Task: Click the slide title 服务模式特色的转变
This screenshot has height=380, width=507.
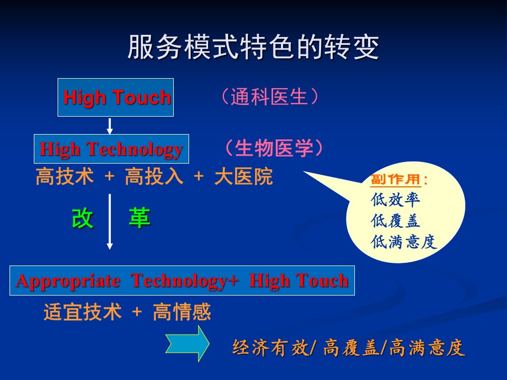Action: click(x=253, y=47)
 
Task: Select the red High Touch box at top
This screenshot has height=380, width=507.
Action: click(x=116, y=97)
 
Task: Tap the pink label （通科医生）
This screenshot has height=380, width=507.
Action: click(x=270, y=97)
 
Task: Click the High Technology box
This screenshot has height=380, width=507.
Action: click(x=111, y=149)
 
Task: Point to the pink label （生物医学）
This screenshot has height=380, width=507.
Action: click(x=274, y=148)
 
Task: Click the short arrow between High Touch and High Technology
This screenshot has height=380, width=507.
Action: click(x=110, y=126)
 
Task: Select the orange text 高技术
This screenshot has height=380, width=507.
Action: click(x=64, y=176)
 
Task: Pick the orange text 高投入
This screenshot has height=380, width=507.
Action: click(x=154, y=176)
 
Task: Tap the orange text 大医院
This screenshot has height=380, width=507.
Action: click(x=243, y=176)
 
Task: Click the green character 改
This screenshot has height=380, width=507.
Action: click(x=82, y=218)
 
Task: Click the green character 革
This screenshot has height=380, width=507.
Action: click(x=139, y=218)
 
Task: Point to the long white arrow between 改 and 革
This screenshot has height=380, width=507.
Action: click(x=110, y=222)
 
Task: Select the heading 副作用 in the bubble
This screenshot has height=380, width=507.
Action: click(x=396, y=179)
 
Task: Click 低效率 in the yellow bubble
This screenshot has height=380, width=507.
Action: click(x=395, y=199)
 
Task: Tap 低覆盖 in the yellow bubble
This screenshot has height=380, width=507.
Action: click(x=395, y=221)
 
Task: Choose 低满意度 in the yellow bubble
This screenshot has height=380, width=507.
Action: click(x=404, y=242)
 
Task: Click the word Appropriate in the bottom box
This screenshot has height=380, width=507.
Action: click(x=68, y=281)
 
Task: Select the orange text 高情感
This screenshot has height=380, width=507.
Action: click(x=182, y=312)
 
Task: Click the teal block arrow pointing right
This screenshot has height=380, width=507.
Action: click(x=187, y=344)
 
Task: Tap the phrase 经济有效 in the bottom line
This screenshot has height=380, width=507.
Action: click(x=270, y=348)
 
